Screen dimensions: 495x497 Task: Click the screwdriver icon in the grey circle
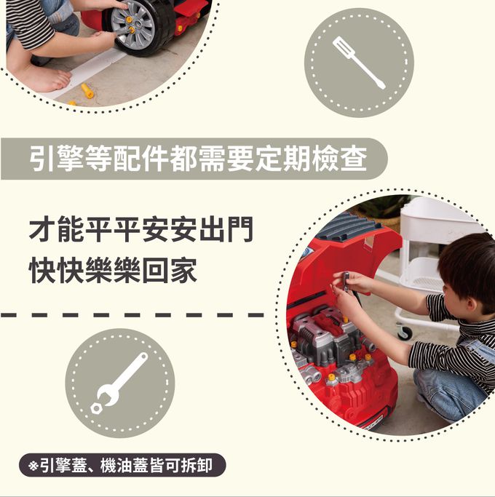pyautogui.click(x=358, y=62)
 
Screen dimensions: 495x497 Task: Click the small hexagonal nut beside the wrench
pyautogui.click(x=96, y=408)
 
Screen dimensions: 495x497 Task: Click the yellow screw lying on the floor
pyautogui.click(x=87, y=91)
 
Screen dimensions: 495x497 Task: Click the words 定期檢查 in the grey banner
pyautogui.click(x=312, y=159)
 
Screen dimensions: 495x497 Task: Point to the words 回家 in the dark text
pyautogui.click(x=170, y=271)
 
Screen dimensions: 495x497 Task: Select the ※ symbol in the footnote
pyautogui.click(x=33, y=466)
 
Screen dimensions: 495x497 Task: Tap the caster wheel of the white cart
pyautogui.click(x=405, y=333)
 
